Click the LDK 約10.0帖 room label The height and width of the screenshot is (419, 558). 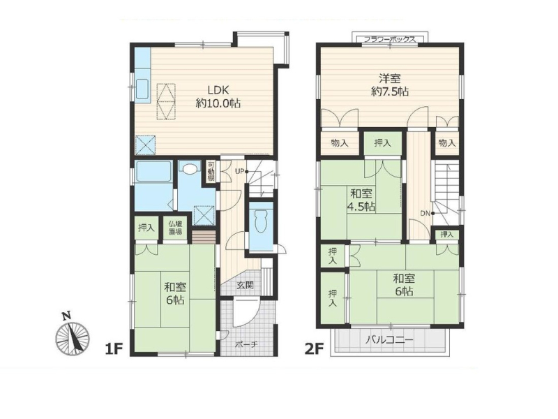tap(218, 96)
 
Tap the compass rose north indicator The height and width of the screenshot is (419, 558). tap(73, 335)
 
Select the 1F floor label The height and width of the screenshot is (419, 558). tap(114, 349)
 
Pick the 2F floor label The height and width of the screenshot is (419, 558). tap(315, 349)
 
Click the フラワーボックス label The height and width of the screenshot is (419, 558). tap(389, 39)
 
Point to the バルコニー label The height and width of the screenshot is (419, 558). tap(390, 340)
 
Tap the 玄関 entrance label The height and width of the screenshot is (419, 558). tap(245, 285)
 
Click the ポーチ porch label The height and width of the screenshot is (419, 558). tap(246, 345)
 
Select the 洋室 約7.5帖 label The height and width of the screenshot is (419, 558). tap(390, 84)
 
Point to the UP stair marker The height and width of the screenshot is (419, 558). tap(241, 171)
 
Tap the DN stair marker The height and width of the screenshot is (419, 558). tap(427, 214)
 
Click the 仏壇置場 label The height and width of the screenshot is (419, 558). tap(175, 228)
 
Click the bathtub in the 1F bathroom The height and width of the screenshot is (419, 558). tap(153, 172)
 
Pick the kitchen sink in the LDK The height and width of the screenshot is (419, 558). tap(143, 89)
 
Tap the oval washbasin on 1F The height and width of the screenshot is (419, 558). tap(189, 168)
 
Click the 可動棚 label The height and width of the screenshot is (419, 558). tap(211, 171)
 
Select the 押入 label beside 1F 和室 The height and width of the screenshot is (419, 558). tap(146, 228)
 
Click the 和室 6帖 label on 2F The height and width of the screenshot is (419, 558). tap(404, 285)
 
